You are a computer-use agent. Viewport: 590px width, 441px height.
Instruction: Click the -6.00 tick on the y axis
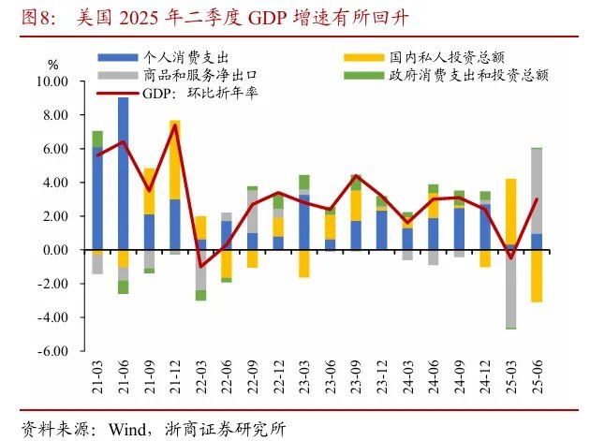(x=52, y=352)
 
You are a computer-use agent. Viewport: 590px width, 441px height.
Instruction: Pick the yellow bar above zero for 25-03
(x=510, y=212)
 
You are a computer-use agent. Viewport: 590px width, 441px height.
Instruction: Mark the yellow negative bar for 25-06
(x=536, y=276)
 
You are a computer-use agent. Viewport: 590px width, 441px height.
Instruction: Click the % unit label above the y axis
(x=52, y=64)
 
